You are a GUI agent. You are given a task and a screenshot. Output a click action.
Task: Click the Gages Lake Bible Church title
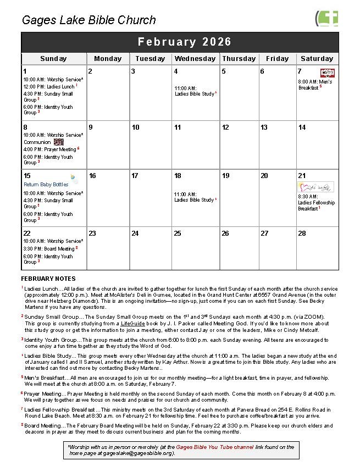pos(88,20)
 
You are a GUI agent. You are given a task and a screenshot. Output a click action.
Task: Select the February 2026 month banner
pos(185,42)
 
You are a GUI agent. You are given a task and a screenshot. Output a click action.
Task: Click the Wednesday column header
pos(195,59)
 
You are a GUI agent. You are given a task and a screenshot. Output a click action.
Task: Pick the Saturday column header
pos(317,59)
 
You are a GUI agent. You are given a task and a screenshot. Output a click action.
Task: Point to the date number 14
pos(302,127)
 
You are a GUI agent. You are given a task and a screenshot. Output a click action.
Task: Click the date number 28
pos(302,234)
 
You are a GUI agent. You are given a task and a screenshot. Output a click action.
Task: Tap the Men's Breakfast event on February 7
pos(315,85)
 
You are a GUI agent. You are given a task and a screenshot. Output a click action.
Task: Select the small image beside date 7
pos(328,73)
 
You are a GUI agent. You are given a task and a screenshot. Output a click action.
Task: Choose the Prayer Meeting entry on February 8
pos(51,149)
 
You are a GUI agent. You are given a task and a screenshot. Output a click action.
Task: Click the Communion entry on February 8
pos(37,142)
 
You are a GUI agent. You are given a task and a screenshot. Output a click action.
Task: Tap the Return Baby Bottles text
pos(46,185)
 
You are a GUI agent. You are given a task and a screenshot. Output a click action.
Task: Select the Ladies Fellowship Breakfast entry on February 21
pos(316,203)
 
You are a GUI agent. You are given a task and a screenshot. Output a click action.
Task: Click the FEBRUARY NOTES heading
pos(48,279)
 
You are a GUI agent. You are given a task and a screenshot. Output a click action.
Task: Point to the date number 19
pos(225,176)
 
